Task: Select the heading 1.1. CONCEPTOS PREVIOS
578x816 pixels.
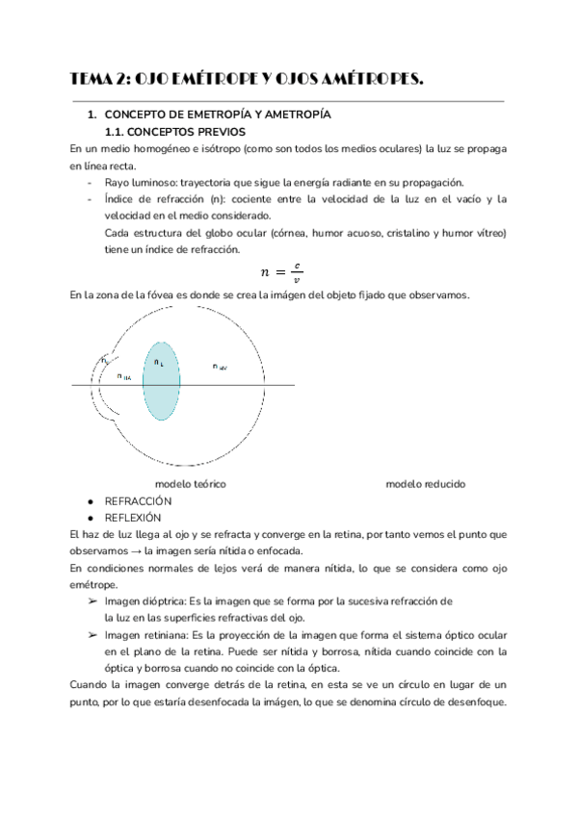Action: click(174, 131)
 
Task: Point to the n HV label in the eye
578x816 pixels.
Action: click(220, 367)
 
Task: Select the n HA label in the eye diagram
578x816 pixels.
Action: click(124, 377)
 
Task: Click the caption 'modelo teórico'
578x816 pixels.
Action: click(191, 484)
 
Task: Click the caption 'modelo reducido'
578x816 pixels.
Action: click(425, 484)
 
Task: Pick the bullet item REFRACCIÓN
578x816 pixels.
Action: click(137, 501)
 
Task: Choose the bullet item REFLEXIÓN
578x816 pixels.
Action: click(133, 517)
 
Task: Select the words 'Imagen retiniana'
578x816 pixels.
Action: click(144, 636)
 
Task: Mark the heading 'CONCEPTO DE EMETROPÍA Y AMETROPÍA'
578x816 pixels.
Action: click(217, 115)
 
